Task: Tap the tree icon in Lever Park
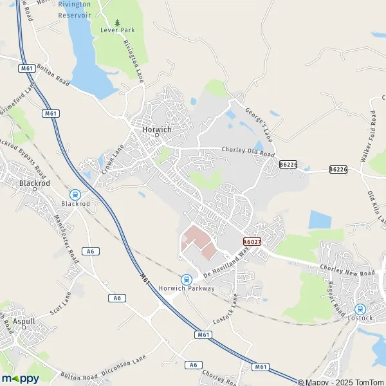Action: [x=116, y=23]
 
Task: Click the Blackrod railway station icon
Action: [x=75, y=194]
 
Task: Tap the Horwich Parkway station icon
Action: [x=186, y=279]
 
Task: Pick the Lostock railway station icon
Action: [x=360, y=309]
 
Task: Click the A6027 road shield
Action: [x=252, y=241]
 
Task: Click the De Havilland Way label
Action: [x=226, y=264]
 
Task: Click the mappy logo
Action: [x=21, y=378]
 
